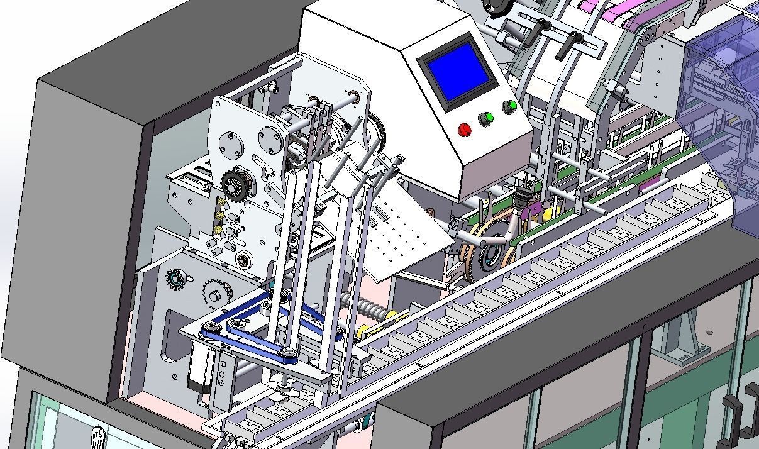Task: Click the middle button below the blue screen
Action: click(x=485, y=118)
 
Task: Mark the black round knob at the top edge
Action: click(x=499, y=8)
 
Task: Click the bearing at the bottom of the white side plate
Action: click(x=243, y=259)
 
